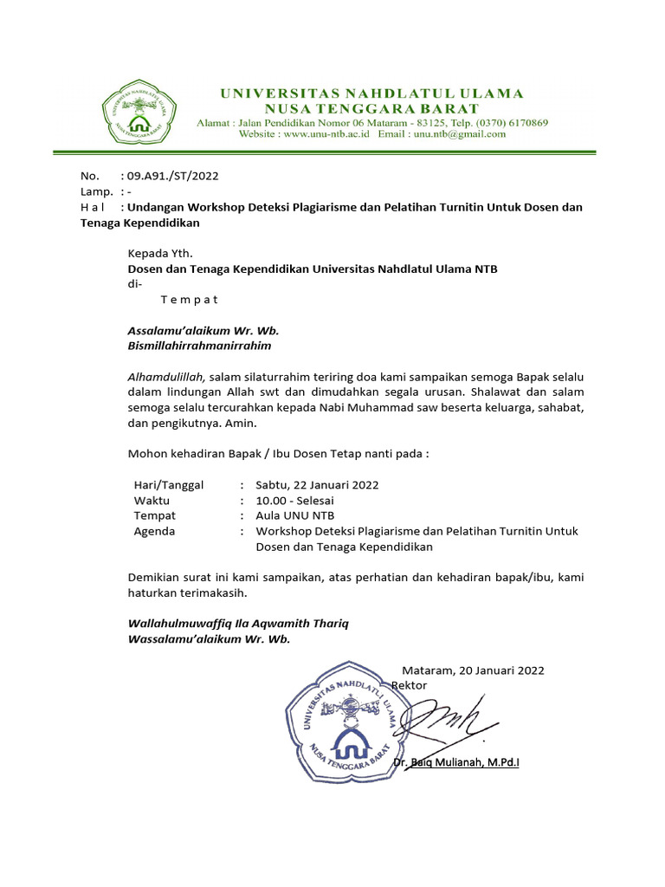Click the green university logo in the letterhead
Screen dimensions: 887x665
(137, 113)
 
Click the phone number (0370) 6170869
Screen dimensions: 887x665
(505, 122)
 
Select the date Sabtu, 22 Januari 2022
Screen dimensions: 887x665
(317, 484)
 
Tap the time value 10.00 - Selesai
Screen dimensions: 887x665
(294, 500)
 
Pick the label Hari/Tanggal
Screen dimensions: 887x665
(169, 484)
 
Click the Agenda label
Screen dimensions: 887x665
(154, 531)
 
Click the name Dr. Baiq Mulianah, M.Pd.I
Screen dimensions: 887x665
(455, 762)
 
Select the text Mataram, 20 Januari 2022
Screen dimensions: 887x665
(474, 670)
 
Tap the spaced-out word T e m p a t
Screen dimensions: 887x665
(189, 300)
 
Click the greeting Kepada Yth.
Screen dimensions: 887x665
(160, 253)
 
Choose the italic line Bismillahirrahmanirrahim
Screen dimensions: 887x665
(199, 346)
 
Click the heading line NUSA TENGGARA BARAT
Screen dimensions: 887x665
(371, 108)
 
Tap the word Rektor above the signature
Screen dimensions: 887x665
(410, 685)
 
